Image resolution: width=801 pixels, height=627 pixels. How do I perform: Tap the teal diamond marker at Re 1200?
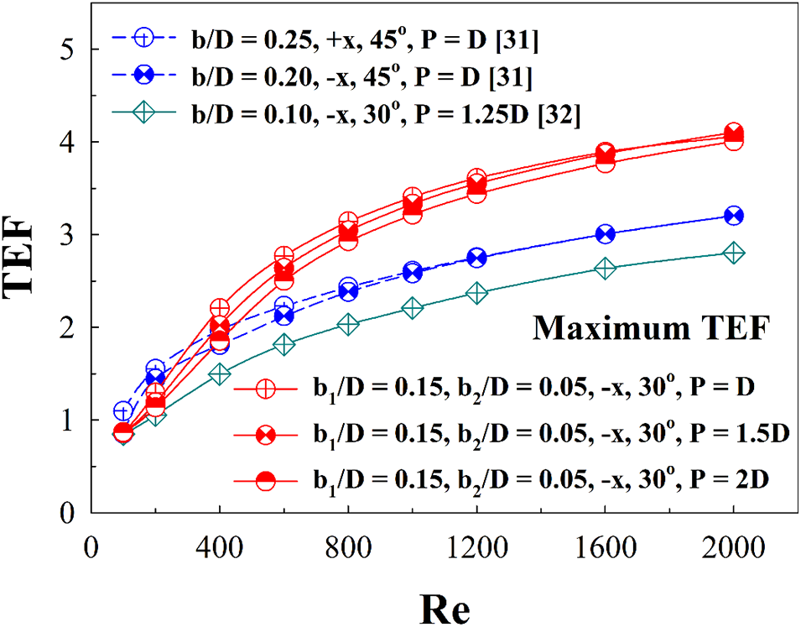pyautogui.click(x=477, y=293)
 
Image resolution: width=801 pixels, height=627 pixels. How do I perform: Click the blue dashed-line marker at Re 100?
pyautogui.click(x=123, y=411)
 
